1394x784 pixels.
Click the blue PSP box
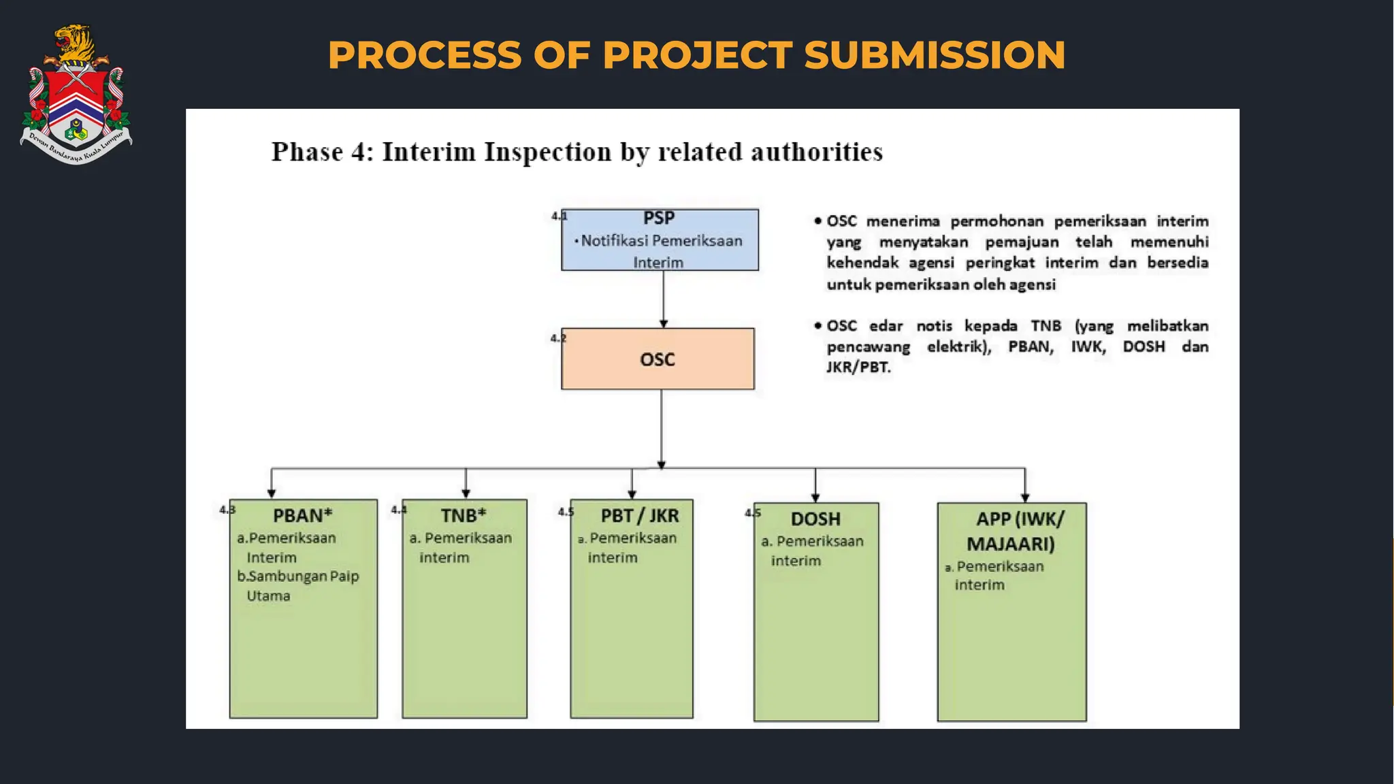click(660, 240)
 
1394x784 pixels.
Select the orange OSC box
click(658, 359)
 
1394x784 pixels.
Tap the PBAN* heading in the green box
click(302, 515)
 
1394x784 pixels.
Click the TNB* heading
click(463, 515)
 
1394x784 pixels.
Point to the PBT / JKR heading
click(639, 515)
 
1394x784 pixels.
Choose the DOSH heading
click(815, 519)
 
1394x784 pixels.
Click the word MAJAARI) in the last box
click(1011, 544)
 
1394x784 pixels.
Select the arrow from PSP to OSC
click(663, 299)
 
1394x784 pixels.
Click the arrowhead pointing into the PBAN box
click(272, 493)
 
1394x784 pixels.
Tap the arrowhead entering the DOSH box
click(815, 497)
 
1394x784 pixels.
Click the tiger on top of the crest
click(75, 43)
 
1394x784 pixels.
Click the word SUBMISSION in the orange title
click(935, 55)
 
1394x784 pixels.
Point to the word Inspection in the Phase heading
click(548, 152)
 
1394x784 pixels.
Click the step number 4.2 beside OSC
click(558, 338)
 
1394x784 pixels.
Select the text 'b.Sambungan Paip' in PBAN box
click(297, 576)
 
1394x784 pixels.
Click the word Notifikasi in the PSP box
click(615, 241)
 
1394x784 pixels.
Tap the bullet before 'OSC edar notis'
click(817, 325)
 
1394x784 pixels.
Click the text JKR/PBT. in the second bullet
click(858, 367)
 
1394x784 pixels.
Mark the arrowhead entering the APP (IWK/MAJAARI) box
click(1025, 497)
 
